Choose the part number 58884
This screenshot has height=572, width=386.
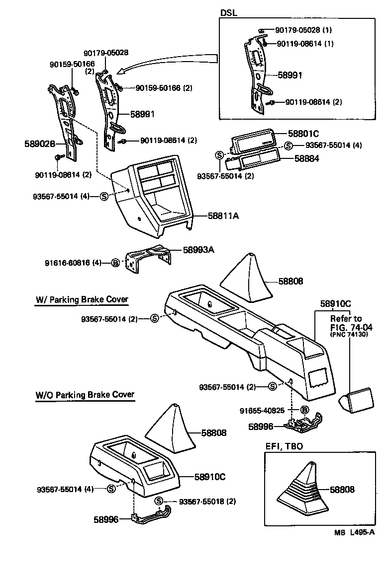(x=306, y=159)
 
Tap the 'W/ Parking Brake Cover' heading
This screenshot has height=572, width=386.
(x=82, y=299)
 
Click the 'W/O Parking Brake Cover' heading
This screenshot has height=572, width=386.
(x=85, y=395)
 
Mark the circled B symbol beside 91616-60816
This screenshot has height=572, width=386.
(x=115, y=263)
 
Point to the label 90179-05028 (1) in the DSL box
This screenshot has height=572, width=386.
(x=304, y=31)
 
